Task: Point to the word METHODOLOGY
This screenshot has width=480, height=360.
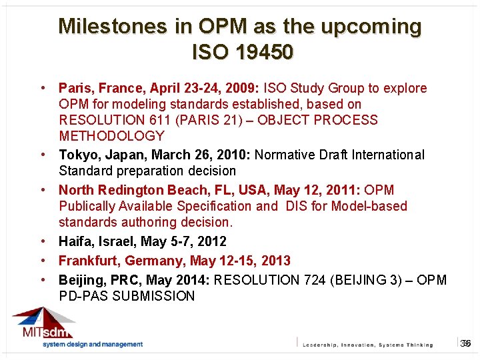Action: point(111,136)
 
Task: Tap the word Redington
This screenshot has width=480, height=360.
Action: point(131,190)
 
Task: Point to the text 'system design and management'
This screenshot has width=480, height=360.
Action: point(93,345)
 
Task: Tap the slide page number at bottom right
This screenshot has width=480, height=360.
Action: point(466,343)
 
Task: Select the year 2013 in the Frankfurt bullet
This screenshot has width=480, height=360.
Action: point(276,260)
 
